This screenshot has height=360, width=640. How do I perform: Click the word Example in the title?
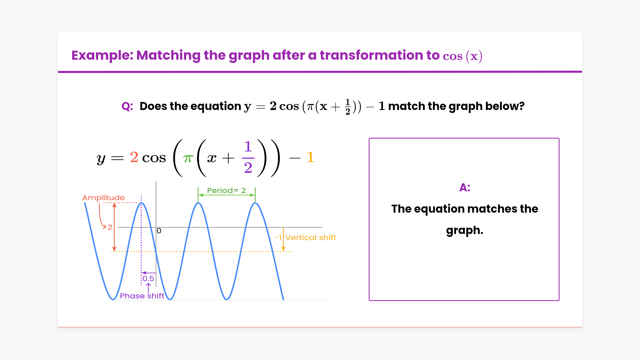[x=102, y=56]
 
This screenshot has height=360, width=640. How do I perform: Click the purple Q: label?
[x=127, y=106]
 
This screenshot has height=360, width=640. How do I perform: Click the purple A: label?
[x=465, y=188]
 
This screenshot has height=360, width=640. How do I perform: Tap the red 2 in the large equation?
[x=134, y=157]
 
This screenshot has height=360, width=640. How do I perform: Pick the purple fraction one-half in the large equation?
[x=248, y=157]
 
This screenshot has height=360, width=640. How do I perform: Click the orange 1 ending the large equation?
[x=311, y=157]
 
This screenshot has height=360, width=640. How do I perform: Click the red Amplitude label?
[x=104, y=198]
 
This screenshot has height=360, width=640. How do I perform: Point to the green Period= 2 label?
[x=226, y=190]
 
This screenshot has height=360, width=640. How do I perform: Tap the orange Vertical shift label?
[x=311, y=238]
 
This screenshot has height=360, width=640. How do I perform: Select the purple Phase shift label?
[x=142, y=296]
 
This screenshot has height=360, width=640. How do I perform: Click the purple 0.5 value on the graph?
[x=148, y=279]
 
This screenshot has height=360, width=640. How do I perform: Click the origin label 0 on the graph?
[x=159, y=231]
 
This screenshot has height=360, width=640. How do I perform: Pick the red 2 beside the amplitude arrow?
[x=110, y=227]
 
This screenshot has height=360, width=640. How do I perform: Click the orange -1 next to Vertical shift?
[x=278, y=238]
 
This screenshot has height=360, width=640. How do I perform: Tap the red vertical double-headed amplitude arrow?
[x=114, y=227]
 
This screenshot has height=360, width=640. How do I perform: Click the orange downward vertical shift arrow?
[x=283, y=239]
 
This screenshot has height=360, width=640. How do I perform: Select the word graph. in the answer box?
[x=465, y=231]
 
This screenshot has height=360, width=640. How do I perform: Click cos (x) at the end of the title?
[x=463, y=56]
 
